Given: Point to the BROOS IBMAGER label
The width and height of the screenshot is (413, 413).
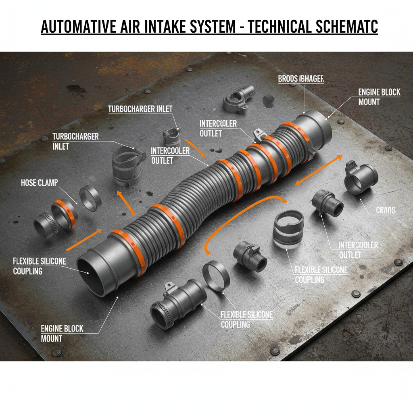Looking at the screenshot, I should click(x=301, y=79).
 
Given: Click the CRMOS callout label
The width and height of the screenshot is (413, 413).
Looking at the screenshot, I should click(x=386, y=211).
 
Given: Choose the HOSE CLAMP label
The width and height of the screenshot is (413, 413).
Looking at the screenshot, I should click(x=39, y=183).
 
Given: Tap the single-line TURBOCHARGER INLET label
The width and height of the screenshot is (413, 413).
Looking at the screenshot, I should click(x=140, y=109).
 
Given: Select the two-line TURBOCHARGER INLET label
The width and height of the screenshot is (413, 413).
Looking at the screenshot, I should click(x=75, y=141).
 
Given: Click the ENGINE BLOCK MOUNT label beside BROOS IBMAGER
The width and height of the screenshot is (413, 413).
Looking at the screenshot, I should click(x=379, y=97).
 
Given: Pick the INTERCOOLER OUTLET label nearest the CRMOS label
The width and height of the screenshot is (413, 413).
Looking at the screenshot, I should click(x=358, y=250).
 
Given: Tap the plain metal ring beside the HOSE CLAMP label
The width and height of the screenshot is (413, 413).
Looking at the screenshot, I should click(x=90, y=198).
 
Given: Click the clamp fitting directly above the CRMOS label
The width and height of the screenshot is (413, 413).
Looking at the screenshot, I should click(x=361, y=178).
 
